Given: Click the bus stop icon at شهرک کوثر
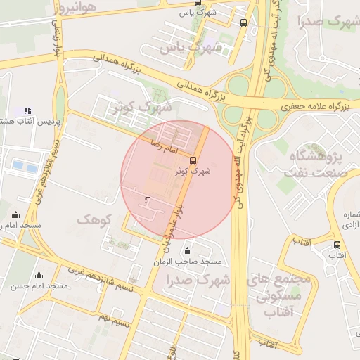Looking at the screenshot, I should click(x=193, y=160).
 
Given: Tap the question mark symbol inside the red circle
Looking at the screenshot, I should click(x=146, y=201).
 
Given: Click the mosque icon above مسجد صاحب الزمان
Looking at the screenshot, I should click(x=187, y=250).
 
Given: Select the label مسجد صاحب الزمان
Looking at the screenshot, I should click(x=188, y=262).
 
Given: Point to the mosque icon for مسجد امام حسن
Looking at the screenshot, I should click(x=38, y=275).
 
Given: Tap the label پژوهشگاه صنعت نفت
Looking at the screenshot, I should click(x=314, y=163).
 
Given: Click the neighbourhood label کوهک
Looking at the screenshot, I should click(x=96, y=220).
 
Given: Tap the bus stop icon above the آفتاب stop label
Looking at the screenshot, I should click(x=337, y=245).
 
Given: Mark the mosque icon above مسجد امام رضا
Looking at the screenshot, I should click(x=15, y=215).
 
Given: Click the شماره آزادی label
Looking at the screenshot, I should click(x=348, y=221).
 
